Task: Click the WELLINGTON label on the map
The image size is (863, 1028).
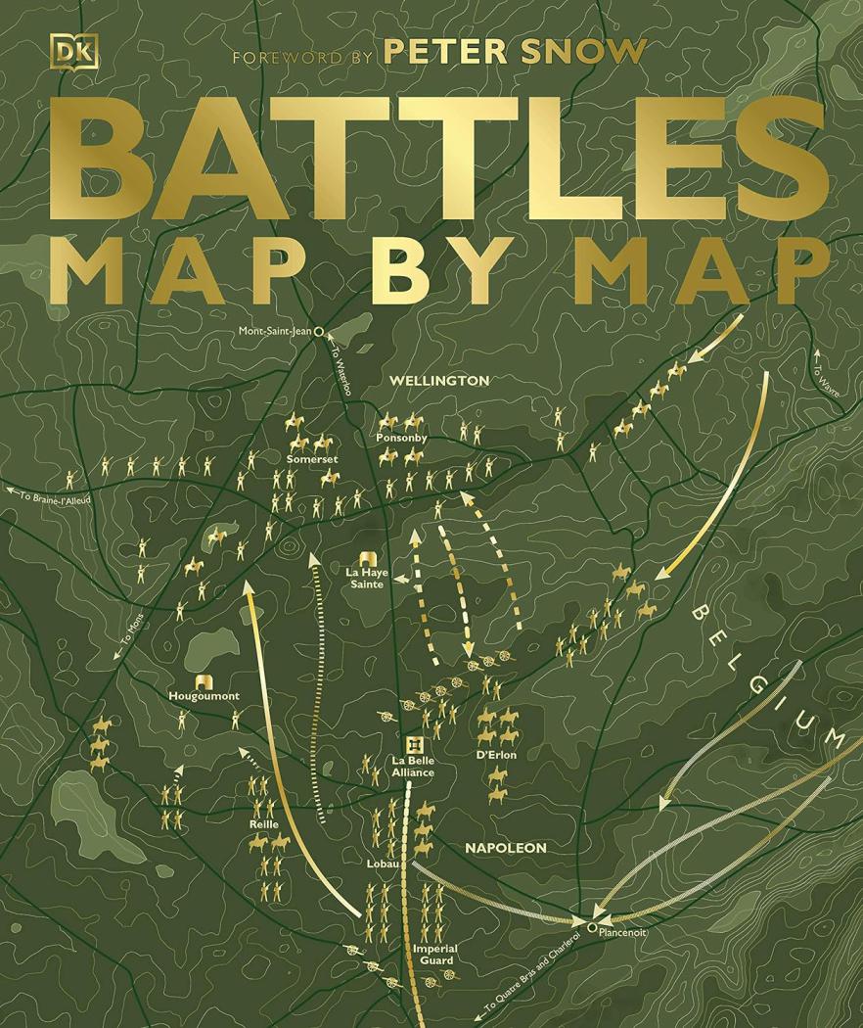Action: (x=438, y=380)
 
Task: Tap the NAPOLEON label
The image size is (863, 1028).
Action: (x=505, y=848)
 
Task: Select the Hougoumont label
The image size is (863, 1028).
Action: (x=204, y=696)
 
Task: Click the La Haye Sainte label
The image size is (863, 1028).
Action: (x=367, y=577)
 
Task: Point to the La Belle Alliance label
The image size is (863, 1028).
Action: (x=413, y=766)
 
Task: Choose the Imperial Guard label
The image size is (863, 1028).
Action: (x=435, y=954)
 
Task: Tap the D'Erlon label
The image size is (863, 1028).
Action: (x=496, y=755)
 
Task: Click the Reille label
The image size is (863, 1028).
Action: (x=264, y=824)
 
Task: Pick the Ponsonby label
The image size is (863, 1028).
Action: (x=401, y=438)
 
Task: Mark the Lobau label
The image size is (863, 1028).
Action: (x=384, y=864)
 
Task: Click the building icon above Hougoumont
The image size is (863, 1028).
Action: (x=204, y=681)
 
